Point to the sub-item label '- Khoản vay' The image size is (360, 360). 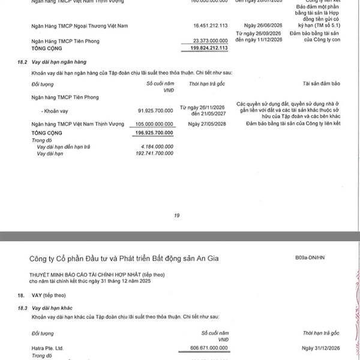pyautogui.click(x=53, y=110)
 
